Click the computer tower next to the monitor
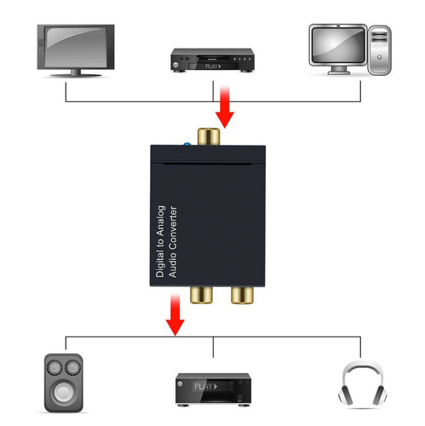(x=378, y=50)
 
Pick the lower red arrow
(x=175, y=313)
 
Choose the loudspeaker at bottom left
(x=65, y=383)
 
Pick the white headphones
(x=359, y=383)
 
